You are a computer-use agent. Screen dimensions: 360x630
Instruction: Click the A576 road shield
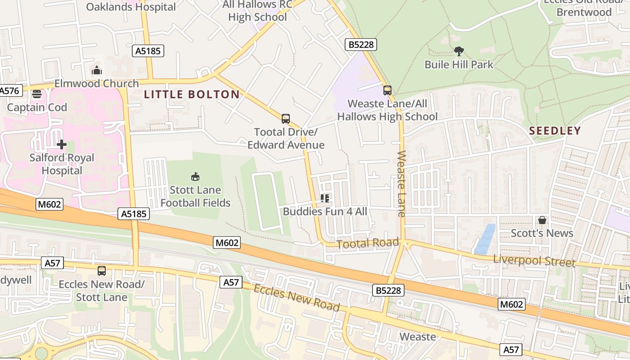(9, 90)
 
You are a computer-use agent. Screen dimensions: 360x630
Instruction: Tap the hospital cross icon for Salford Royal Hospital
(62, 144)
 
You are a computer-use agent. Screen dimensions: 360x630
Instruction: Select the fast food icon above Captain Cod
(36, 94)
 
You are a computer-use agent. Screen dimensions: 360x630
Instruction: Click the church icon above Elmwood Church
(97, 70)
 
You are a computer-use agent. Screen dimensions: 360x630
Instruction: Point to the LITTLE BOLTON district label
(192, 94)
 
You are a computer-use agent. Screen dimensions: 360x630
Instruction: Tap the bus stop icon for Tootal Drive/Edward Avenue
(286, 119)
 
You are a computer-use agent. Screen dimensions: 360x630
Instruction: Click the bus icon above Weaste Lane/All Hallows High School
(387, 90)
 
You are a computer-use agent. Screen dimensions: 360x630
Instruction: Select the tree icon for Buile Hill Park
(459, 51)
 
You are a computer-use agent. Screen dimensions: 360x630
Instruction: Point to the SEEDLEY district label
(555, 131)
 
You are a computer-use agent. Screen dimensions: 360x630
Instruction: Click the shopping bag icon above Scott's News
(542, 220)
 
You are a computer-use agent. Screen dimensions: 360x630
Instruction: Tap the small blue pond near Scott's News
(485, 239)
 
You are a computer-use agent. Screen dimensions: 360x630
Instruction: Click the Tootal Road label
(368, 243)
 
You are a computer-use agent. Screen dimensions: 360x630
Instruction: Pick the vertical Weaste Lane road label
(401, 184)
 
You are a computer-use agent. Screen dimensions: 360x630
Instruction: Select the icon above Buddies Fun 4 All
(325, 198)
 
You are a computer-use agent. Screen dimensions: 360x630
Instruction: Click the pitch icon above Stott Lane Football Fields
(195, 176)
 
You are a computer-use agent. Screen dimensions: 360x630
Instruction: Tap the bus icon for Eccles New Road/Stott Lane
(102, 271)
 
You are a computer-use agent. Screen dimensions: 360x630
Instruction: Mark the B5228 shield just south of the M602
(388, 290)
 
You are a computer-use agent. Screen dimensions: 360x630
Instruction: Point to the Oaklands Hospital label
(131, 7)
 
